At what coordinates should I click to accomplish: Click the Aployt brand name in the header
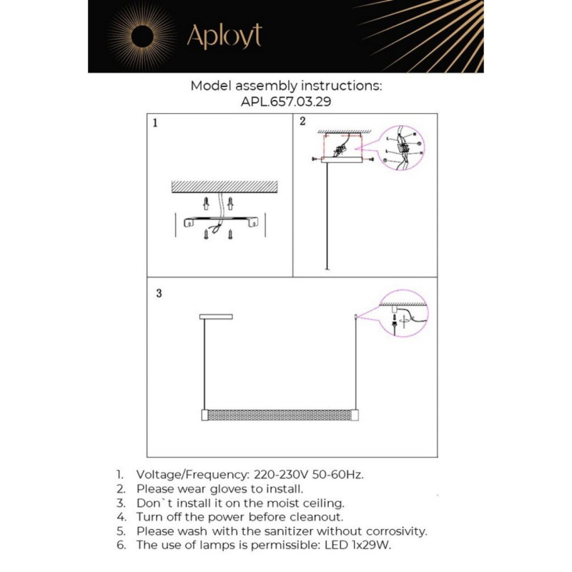(224, 36)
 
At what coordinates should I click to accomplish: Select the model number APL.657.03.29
(286, 102)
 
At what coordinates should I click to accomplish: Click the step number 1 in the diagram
(156, 123)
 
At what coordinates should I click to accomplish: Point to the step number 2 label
(302, 122)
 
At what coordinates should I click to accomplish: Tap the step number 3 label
(159, 293)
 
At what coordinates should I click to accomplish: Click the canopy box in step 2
(343, 162)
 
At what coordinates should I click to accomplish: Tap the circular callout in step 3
(402, 312)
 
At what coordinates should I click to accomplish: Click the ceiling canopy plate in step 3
(216, 315)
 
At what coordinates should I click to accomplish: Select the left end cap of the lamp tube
(203, 415)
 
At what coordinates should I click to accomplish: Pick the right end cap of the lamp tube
(353, 415)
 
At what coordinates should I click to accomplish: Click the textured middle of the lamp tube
(278, 415)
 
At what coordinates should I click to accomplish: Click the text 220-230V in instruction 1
(280, 474)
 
